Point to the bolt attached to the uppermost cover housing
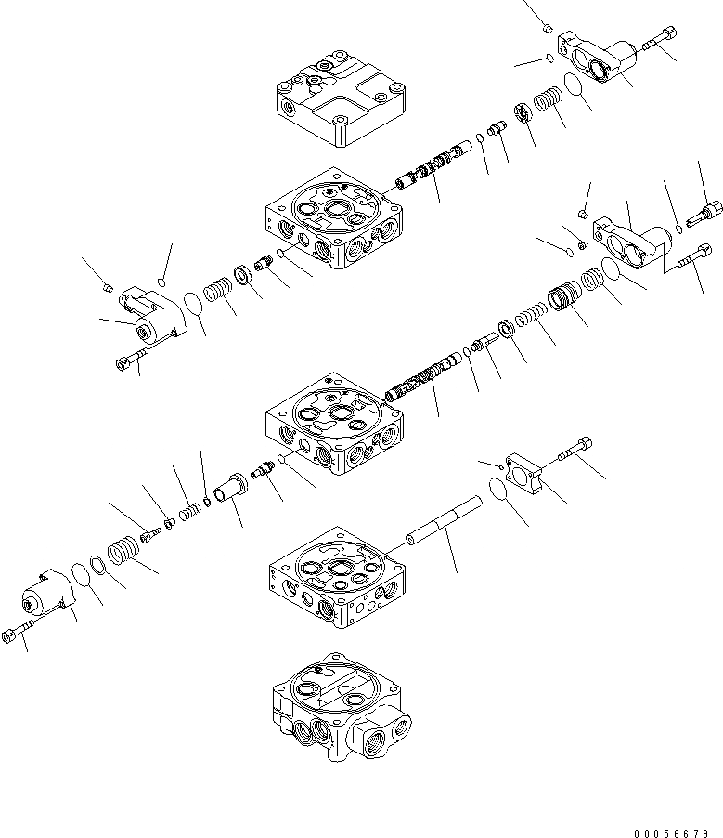658,38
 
